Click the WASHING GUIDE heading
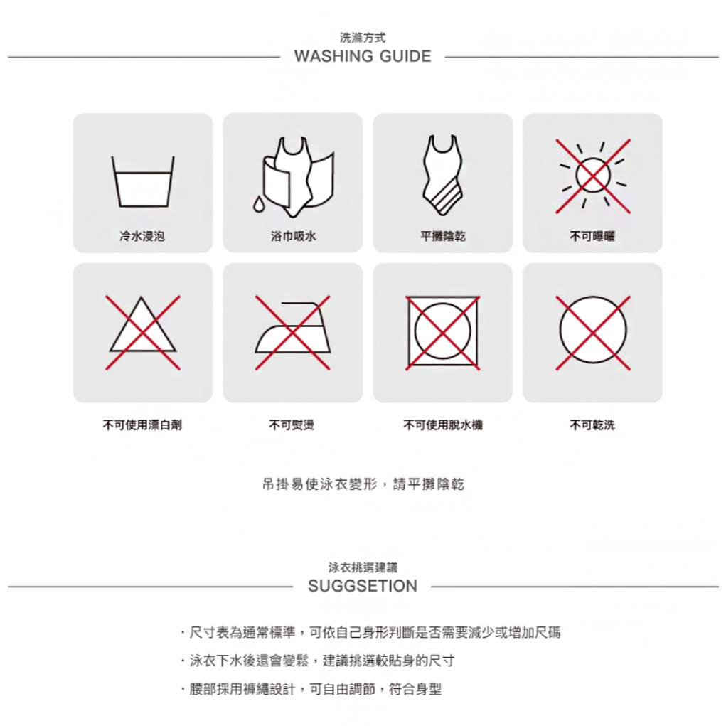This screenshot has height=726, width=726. tap(363, 56)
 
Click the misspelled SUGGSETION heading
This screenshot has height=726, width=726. tap(363, 586)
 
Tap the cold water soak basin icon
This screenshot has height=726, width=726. tap(143, 181)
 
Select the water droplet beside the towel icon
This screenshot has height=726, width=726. tap(258, 204)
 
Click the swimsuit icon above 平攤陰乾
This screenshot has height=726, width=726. tap(442, 175)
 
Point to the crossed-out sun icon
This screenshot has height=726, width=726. tap(592, 176)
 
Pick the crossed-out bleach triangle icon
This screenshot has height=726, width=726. tap(143, 332)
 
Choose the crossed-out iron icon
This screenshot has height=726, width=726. tap(293, 332)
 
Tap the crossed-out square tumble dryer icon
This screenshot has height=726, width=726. tap(442, 332)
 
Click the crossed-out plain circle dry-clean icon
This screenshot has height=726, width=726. tap(592, 332)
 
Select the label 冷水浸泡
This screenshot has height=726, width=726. tap(142, 236)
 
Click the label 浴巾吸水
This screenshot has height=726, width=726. tap(293, 236)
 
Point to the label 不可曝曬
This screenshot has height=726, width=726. tap(592, 236)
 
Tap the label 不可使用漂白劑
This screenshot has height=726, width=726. tap(142, 425)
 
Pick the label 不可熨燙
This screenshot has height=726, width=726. tap(292, 425)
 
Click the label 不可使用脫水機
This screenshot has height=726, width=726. tap(442, 425)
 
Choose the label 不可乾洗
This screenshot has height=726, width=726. tap(592, 425)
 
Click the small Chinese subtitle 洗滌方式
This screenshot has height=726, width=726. tap(363, 38)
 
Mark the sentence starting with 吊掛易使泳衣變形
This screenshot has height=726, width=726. tap(363, 484)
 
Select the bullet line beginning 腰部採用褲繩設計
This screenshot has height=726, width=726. tap(311, 689)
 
